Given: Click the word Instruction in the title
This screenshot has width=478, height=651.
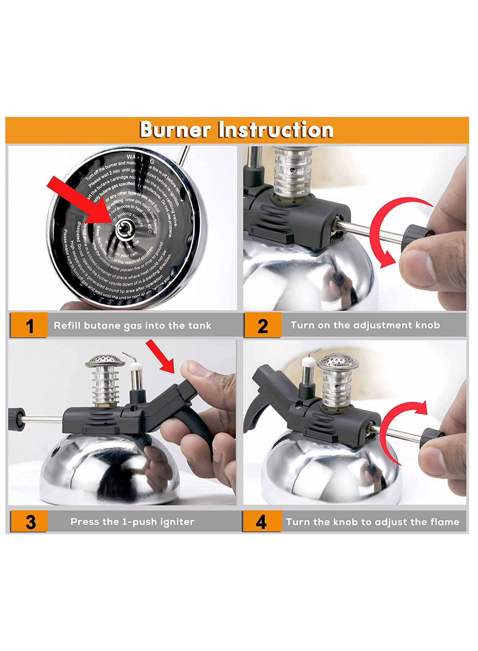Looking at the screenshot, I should point(276,130).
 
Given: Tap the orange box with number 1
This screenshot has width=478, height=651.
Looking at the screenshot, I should point(29,325).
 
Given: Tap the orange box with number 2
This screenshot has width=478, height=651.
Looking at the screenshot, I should point(263,325).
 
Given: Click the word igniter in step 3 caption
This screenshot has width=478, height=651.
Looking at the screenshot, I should point(178,522).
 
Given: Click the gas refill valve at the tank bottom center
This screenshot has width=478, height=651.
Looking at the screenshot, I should point(124,229).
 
